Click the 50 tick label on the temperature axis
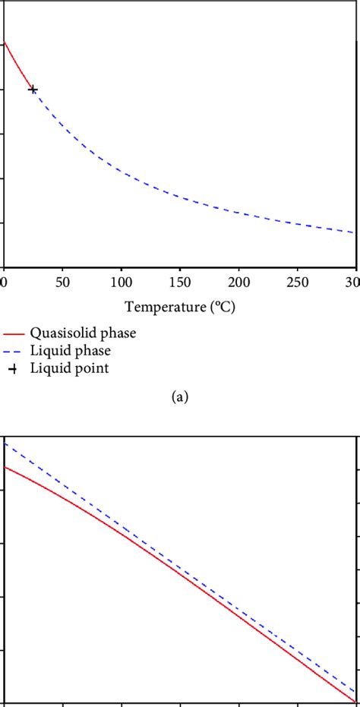pos(62,282)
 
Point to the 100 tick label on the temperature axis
pos(120,282)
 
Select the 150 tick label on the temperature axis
pos(179,282)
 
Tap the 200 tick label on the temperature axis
pos(238,282)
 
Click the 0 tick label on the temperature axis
pos(4,282)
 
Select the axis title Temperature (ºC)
pos(179,307)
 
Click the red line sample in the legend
pos(12,333)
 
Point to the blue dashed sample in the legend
pos(12,351)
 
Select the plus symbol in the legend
pos(12,369)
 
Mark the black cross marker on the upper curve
pos(33,89)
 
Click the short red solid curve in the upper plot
pos(17,64)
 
